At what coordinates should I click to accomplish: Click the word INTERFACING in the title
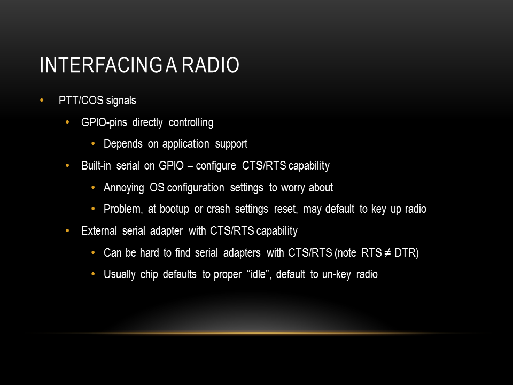[x=101, y=65]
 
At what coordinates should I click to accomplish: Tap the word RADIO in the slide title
[x=211, y=65]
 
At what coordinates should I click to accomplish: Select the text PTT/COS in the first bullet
[x=81, y=100]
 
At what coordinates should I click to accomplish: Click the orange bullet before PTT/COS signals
[x=42, y=100]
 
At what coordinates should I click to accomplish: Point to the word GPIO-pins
[x=104, y=122]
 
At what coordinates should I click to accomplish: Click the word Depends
[x=123, y=144]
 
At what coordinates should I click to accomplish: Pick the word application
[x=185, y=144]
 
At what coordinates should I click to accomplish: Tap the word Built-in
[x=96, y=166]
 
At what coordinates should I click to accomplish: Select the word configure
[x=216, y=166]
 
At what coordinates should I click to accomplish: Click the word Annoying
[x=123, y=188]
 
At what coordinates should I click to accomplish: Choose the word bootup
[x=174, y=209]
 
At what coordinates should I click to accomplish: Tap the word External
[x=99, y=231]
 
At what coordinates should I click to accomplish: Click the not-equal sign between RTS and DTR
[x=388, y=253]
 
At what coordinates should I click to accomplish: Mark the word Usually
[x=119, y=274]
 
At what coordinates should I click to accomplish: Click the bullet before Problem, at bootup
[x=93, y=209]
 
